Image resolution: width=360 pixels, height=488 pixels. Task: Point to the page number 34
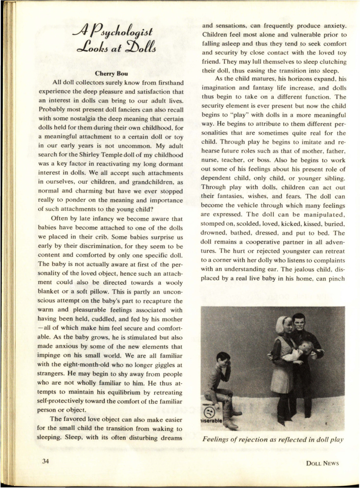point(45,461)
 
